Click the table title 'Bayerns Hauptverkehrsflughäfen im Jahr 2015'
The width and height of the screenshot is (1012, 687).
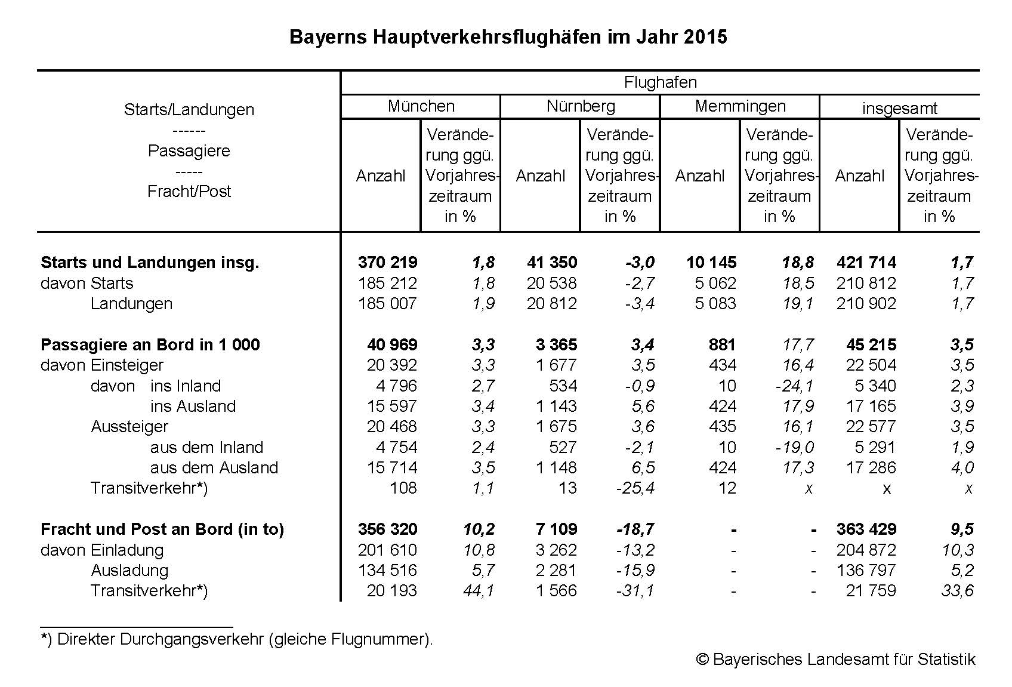pyautogui.click(x=508, y=37)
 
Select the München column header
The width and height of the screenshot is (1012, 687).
pyautogui.click(x=421, y=106)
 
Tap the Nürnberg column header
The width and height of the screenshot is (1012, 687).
pyautogui.click(x=581, y=106)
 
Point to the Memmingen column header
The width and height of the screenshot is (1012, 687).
pyautogui.click(x=740, y=106)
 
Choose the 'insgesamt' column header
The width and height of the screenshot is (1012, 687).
pyautogui.click(x=899, y=109)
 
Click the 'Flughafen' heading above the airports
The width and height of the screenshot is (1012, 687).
pyautogui.click(x=660, y=82)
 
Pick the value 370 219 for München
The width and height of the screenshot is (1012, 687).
pyautogui.click(x=387, y=263)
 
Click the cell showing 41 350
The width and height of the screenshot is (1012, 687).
pyautogui.click(x=552, y=263)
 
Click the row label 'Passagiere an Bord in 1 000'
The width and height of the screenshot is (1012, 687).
pyautogui.click(x=150, y=345)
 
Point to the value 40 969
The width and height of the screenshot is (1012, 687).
pyautogui.click(x=392, y=345)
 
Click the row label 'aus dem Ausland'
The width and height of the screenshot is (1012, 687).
pyautogui.click(x=214, y=468)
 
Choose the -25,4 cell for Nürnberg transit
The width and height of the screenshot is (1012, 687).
pyautogui.click(x=635, y=488)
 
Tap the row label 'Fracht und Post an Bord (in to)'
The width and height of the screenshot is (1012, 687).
pyautogui.click(x=162, y=529)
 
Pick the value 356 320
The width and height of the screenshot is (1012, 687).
pyautogui.click(x=387, y=529)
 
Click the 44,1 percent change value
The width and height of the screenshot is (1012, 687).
pyautogui.click(x=479, y=591)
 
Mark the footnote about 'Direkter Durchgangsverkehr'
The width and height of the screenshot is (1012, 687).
pyautogui.click(x=237, y=639)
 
